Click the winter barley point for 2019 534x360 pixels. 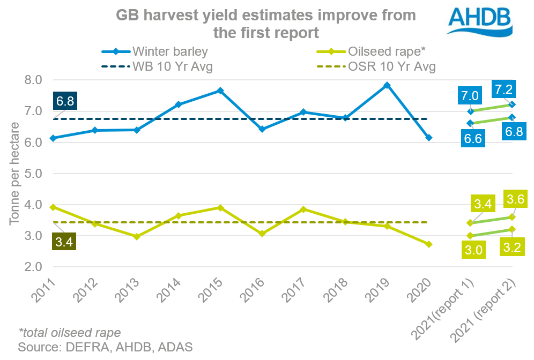coord(387,85)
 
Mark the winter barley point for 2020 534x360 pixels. coord(429,138)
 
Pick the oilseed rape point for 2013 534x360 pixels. coord(137,236)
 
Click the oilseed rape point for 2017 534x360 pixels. coord(303,209)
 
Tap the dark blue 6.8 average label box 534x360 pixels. coord(64,101)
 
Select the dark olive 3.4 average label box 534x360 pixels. coord(64,241)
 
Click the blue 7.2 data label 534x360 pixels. coord(505,88)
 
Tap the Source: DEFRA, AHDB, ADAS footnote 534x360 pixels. coord(105,347)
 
